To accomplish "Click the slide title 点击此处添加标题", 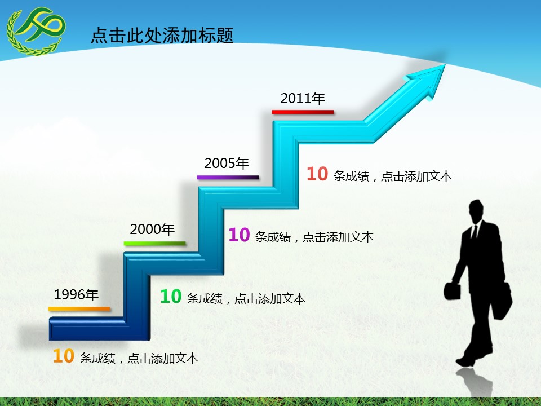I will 162,36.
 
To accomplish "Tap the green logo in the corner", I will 35,30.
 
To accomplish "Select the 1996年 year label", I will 76,294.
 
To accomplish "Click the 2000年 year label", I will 152,230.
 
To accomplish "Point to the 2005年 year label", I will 227,164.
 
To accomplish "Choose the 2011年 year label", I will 303,99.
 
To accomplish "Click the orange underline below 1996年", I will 79,309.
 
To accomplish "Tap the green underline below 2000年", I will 154,244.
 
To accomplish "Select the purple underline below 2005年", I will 228,178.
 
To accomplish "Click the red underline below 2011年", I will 303,112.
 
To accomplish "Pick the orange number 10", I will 64,356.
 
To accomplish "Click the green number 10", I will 171,297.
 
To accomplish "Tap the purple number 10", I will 239,235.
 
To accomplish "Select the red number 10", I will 317,174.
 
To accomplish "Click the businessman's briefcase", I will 453,290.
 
